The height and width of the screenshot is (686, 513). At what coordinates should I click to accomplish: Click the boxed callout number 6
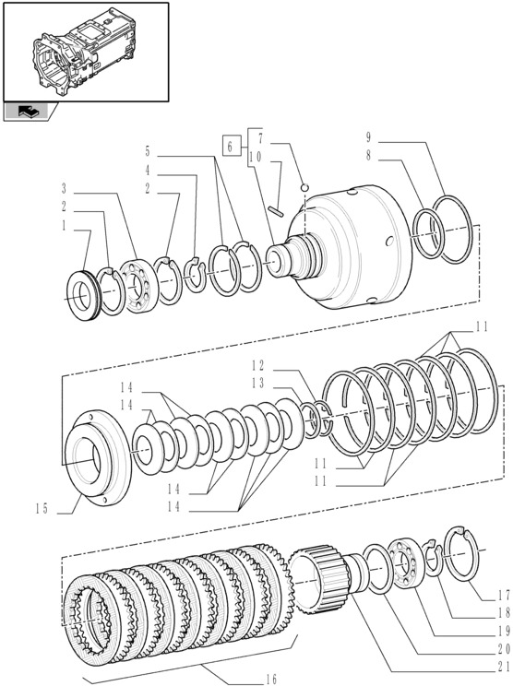231,146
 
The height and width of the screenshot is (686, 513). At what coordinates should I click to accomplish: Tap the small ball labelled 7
304,188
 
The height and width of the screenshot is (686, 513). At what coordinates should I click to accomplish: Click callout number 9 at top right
368,137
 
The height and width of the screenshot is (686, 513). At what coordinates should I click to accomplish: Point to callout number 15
42,509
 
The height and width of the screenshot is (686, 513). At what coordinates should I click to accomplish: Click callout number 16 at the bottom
271,679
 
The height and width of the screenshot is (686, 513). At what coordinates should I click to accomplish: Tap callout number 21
504,667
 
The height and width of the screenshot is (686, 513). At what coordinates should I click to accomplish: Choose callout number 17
504,595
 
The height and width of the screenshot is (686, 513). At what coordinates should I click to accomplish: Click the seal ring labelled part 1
84,295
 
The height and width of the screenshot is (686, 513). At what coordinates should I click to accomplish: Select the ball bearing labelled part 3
137,286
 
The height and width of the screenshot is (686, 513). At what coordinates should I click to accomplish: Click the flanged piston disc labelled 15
97,457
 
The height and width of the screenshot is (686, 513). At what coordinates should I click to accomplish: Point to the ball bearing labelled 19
405,563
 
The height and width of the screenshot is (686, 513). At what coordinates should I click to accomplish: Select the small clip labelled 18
434,558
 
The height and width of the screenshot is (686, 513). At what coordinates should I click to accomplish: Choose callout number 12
258,365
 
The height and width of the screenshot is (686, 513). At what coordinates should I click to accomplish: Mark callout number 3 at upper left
64,189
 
